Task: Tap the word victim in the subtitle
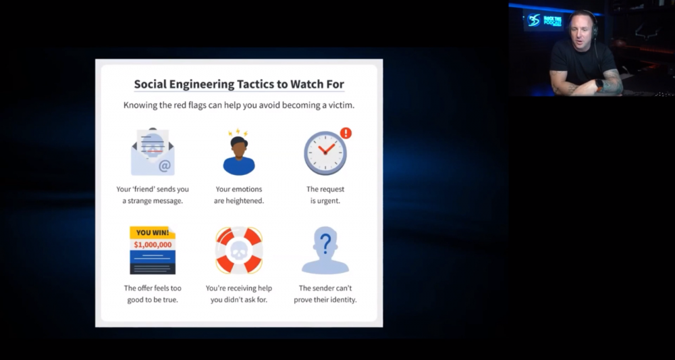pos(339,105)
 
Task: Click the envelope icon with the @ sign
pos(152,152)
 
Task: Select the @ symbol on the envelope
pos(165,165)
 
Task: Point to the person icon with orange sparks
pos(239,155)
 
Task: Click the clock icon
pos(325,153)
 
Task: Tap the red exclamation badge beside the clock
pos(346,133)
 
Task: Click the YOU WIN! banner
pos(152,233)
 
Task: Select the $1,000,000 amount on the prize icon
pos(152,245)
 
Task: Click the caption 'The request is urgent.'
pos(325,195)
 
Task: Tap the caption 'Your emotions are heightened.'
pos(239,195)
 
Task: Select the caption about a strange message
pos(152,195)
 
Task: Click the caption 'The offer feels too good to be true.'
pos(153,294)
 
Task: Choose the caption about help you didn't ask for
pos(239,294)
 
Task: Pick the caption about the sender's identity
pos(325,294)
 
